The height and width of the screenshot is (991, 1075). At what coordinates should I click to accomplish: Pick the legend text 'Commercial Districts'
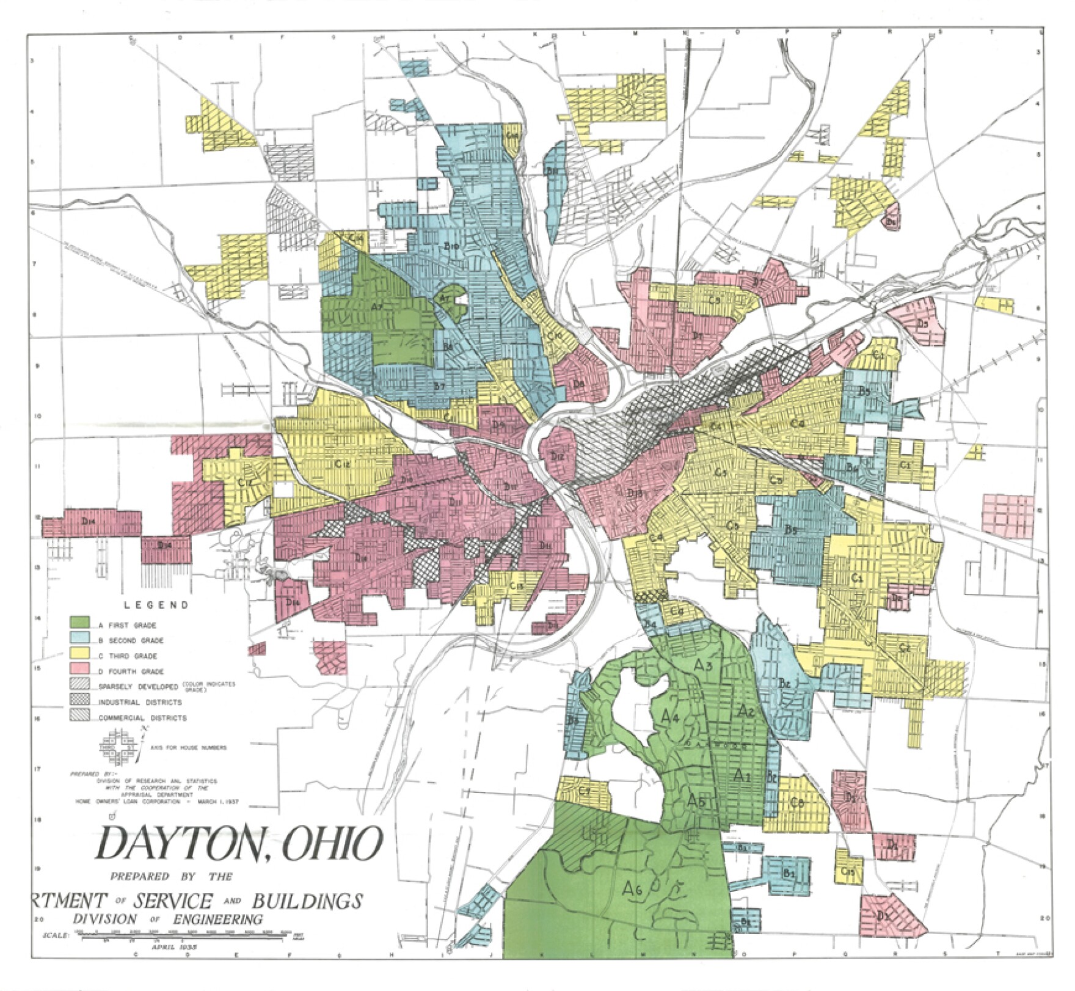(142, 718)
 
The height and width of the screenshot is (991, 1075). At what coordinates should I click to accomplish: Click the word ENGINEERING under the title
(219, 920)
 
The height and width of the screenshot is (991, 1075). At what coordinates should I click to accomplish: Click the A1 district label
(741, 777)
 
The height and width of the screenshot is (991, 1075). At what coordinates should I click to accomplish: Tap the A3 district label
(703, 665)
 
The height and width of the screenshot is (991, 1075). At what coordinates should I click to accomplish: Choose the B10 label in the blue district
(451, 246)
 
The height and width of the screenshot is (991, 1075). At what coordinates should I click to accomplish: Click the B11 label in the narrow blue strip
(552, 172)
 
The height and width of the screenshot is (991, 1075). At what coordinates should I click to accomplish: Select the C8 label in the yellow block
(796, 802)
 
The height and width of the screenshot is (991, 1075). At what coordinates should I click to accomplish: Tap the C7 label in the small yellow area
(584, 792)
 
